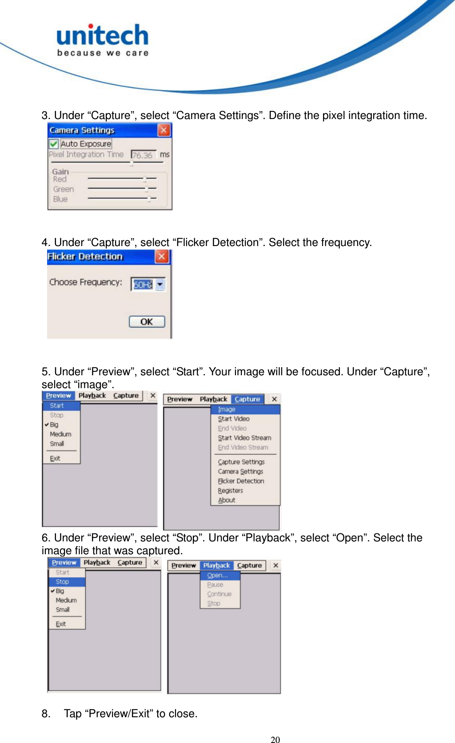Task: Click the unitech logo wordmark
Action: pyautogui.click(x=103, y=36)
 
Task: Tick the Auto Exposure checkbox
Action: pyautogui.click(x=54, y=144)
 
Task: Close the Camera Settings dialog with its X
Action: pyautogui.click(x=164, y=130)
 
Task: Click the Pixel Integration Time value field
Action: pyautogui.click(x=143, y=155)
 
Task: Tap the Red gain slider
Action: pyautogui.click(x=122, y=179)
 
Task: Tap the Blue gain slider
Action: pyautogui.click(x=122, y=199)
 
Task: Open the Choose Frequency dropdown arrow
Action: pyautogui.click(x=160, y=284)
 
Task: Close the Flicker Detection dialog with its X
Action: pyautogui.click(x=162, y=256)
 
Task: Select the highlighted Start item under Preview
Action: pyautogui.click(x=57, y=405)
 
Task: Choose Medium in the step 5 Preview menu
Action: pyautogui.click(x=60, y=434)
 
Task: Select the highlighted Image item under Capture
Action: pyautogui.click(x=227, y=409)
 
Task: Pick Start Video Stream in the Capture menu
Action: pyautogui.click(x=244, y=437)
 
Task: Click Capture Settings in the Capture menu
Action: pyautogui.click(x=241, y=462)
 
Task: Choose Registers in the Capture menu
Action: pyautogui.click(x=230, y=490)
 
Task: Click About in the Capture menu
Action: pyautogui.click(x=227, y=500)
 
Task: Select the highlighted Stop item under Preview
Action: pyautogui.click(x=62, y=582)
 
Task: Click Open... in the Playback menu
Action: pyautogui.click(x=217, y=575)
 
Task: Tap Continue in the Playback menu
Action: pyautogui.click(x=219, y=594)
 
